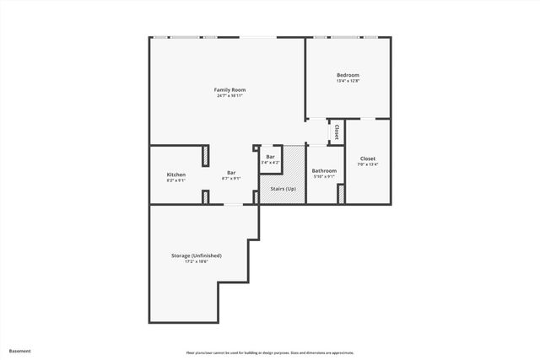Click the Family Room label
point(229,89)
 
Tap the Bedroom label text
point(348,75)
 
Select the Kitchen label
point(175,175)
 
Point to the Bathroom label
point(324,171)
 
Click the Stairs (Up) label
point(283,189)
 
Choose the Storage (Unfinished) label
point(197,255)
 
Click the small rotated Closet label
point(337,132)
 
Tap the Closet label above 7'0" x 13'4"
point(368,159)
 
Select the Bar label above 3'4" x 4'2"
point(270,156)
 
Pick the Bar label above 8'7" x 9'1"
point(230,173)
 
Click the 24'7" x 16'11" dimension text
point(229,95)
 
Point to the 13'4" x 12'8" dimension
point(348,81)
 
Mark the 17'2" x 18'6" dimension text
point(197,261)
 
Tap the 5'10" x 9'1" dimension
point(324,177)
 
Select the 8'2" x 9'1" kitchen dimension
point(175,180)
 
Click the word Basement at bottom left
point(20,351)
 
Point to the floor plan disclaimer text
point(270,352)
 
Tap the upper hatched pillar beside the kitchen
point(205,156)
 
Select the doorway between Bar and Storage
point(229,204)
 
